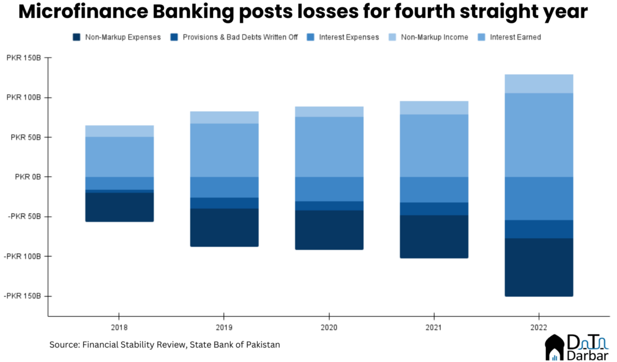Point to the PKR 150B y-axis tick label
[22, 58]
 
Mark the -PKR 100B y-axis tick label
[22, 256]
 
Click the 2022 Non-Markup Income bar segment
[539, 84]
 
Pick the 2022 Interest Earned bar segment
[539, 135]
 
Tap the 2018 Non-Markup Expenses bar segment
[119, 207]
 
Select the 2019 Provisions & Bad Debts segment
[224, 203]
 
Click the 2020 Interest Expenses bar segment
[329, 189]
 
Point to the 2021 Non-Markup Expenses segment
[434, 237]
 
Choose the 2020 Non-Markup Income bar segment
[329, 112]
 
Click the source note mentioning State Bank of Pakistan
[164, 345]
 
